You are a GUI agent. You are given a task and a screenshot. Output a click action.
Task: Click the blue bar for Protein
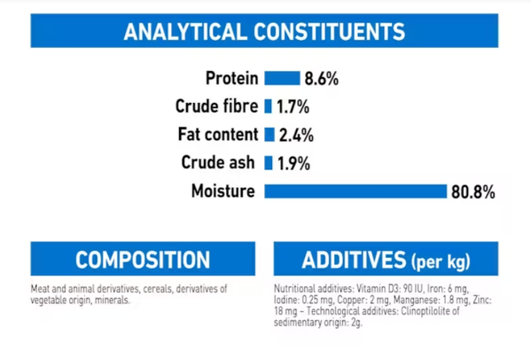coord(282,78)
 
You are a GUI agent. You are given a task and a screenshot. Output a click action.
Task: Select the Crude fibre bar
coord(268,106)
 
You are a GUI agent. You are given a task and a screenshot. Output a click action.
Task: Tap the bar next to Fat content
coord(269,135)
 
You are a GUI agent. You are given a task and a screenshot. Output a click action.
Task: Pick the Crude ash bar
coord(269,162)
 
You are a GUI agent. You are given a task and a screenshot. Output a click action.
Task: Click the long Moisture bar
coord(355,191)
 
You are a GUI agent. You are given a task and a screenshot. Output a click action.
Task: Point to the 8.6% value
coord(322,79)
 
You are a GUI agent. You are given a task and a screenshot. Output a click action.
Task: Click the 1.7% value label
coord(293,107)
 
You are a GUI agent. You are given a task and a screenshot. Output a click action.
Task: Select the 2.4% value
coord(296,136)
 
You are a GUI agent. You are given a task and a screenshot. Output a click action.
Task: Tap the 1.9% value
coord(293,163)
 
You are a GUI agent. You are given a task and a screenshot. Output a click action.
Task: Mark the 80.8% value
coord(473,192)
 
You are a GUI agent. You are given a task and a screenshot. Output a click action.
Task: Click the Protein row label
coord(232,78)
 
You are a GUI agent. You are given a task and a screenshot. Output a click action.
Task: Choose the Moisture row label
coord(223,191)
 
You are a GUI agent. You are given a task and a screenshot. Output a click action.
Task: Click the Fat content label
coord(218,134)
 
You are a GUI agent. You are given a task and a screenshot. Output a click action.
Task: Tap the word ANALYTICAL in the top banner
coord(185,32)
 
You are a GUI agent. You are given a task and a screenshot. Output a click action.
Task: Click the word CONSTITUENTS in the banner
coord(329,32)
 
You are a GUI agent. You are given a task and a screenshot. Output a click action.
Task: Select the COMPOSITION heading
coord(143,260)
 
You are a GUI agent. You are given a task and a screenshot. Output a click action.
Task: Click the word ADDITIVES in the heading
coord(354,260)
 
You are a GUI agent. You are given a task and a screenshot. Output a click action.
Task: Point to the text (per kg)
coord(441,262)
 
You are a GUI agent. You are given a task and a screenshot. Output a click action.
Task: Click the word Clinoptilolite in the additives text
coord(430,311)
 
